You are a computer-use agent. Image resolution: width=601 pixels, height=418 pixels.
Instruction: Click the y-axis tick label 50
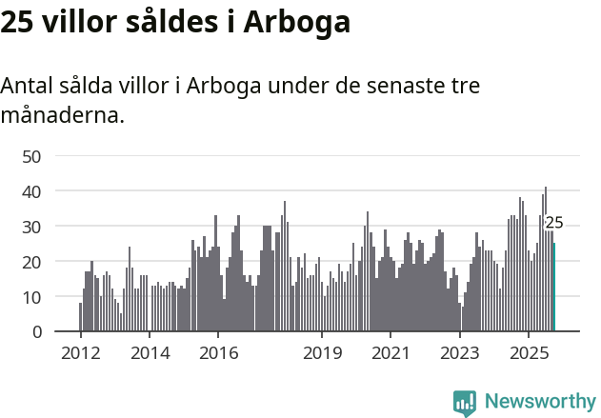pyautogui.click(x=31, y=156)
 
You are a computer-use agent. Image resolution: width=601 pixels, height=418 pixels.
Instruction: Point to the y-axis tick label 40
pyautogui.click(x=31, y=191)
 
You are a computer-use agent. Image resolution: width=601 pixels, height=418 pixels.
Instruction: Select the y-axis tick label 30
pyautogui.click(x=31, y=227)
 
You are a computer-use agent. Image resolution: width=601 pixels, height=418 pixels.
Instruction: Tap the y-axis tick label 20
pyautogui.click(x=31, y=262)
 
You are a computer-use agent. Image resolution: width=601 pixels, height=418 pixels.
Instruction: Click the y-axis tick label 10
pyautogui.click(x=31, y=297)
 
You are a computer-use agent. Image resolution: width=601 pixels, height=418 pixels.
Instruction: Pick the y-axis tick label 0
pyautogui.click(x=36, y=332)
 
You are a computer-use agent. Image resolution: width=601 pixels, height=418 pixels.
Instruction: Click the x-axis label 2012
pyautogui.click(x=80, y=353)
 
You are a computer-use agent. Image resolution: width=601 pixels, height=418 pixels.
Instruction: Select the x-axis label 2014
pyautogui.click(x=150, y=353)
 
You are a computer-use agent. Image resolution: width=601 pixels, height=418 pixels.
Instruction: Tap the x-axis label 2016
pyautogui.click(x=218, y=353)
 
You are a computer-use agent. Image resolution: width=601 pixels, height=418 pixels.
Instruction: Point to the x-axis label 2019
pyautogui.click(x=322, y=353)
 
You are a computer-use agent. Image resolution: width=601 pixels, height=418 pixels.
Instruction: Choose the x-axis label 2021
pyautogui.click(x=391, y=353)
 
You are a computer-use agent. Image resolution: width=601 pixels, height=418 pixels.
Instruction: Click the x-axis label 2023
pyautogui.click(x=460, y=353)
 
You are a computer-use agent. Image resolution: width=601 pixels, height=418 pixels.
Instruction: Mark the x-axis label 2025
pyautogui.click(x=529, y=353)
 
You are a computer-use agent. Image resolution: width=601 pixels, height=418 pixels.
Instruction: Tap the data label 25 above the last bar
pyautogui.click(x=554, y=223)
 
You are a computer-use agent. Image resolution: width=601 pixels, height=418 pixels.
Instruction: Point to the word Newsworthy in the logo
pyautogui.click(x=540, y=402)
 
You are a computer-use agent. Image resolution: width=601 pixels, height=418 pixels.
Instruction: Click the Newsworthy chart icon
pyautogui.click(x=465, y=403)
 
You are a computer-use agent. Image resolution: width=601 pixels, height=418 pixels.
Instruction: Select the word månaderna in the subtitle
pyautogui.click(x=62, y=116)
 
